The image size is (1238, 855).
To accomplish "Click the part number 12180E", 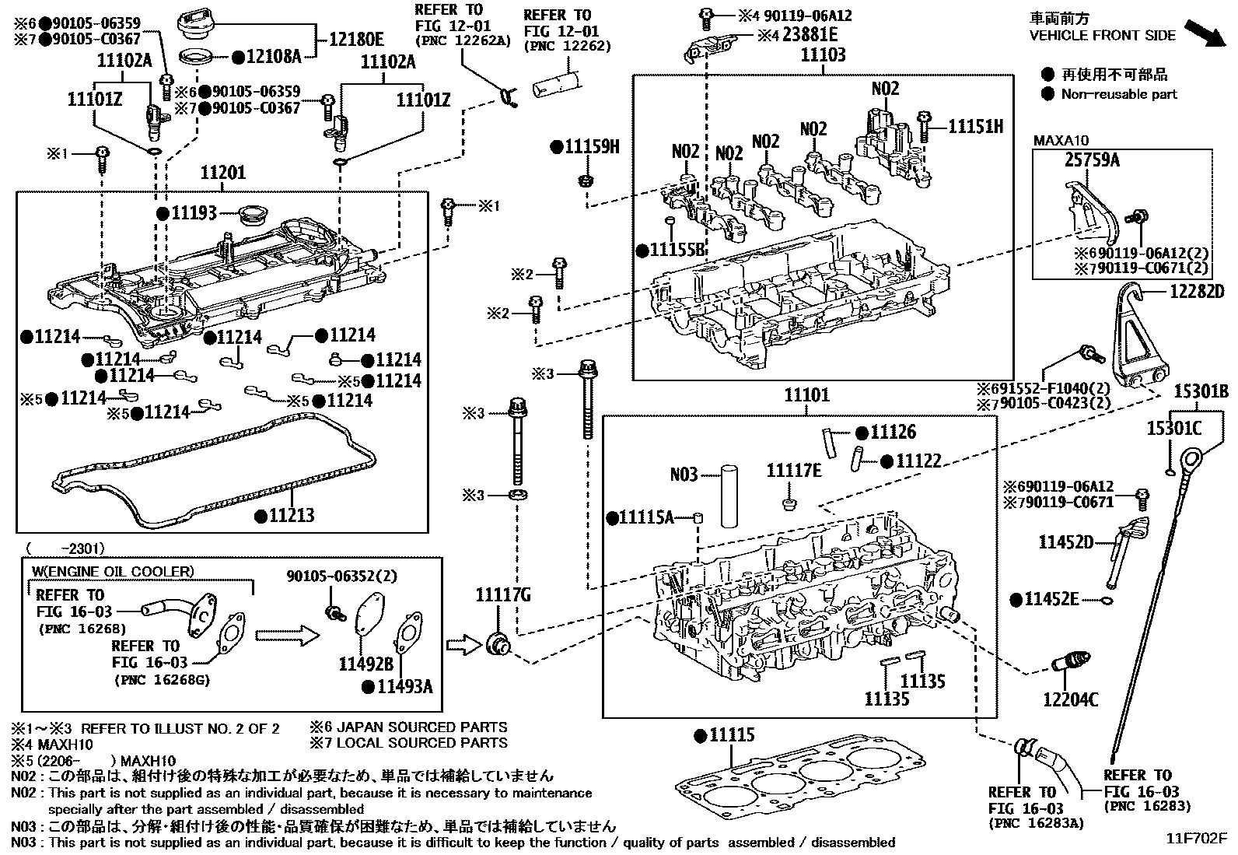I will tap(356, 38).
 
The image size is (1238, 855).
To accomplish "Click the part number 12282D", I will tap(1197, 292).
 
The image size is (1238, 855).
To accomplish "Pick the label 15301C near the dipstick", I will tap(1173, 428).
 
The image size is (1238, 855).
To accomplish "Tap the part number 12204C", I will tap(1070, 700).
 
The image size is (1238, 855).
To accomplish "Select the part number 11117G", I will tap(502, 596).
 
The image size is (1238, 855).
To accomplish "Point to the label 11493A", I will tap(404, 687).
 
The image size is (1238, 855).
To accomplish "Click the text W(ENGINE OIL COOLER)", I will tap(111, 572).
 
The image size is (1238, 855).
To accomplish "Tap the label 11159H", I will tap(592, 146).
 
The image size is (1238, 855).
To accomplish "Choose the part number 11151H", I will tap(976, 126).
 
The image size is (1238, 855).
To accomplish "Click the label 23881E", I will tap(810, 34).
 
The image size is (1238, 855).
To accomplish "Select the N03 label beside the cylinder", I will tap(684, 474).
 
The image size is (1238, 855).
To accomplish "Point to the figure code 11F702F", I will tap(1194, 839).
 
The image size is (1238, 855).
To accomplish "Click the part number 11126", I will tap(893, 433).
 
